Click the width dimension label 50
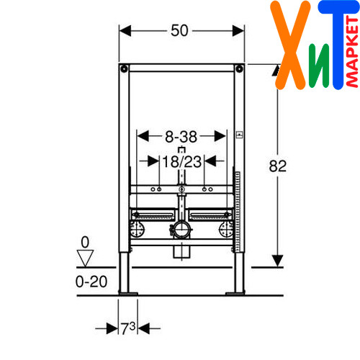pos(179,30)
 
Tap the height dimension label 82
pos(278,166)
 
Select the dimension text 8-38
pos(181,137)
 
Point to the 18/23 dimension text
pos(182,161)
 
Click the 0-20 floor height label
pos(91,282)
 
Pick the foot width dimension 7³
pos(128,328)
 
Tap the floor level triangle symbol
pos(85,258)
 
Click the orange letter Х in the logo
pos(290,45)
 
